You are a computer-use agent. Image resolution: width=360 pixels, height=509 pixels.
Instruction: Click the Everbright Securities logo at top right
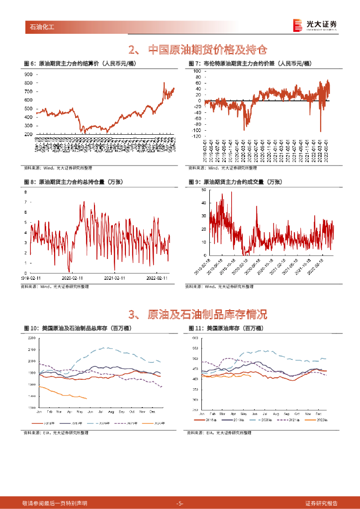tap(314, 25)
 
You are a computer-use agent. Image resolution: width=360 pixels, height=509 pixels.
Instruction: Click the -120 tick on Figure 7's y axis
tap(197, 136)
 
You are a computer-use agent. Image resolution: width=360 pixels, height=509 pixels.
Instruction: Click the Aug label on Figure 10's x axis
tap(111, 412)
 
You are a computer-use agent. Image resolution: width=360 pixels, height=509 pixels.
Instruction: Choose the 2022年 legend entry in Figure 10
tap(155, 423)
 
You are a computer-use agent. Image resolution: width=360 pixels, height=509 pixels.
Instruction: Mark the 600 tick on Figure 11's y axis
tap(195, 338)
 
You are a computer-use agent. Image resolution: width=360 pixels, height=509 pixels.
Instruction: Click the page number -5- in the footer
tap(180, 503)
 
